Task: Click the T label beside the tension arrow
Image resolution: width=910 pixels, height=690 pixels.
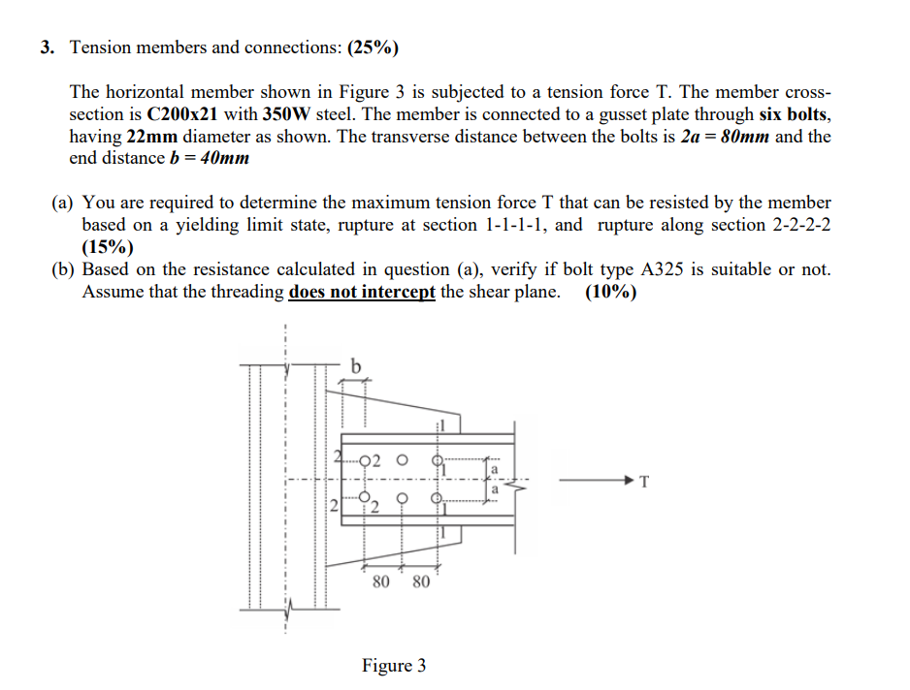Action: [643, 480]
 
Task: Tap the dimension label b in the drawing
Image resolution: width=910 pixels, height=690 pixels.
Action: [354, 366]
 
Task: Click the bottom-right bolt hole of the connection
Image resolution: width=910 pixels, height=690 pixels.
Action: [438, 502]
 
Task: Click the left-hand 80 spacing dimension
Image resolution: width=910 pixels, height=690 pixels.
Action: [381, 581]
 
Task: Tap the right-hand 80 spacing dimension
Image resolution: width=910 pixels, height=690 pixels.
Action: [420, 581]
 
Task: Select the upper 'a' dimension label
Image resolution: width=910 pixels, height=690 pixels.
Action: [494, 469]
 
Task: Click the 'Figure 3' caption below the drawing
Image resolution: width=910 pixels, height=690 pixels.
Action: [393, 666]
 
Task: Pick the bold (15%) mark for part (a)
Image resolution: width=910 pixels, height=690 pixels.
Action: [107, 246]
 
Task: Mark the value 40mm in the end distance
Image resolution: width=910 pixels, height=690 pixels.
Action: [222, 158]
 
